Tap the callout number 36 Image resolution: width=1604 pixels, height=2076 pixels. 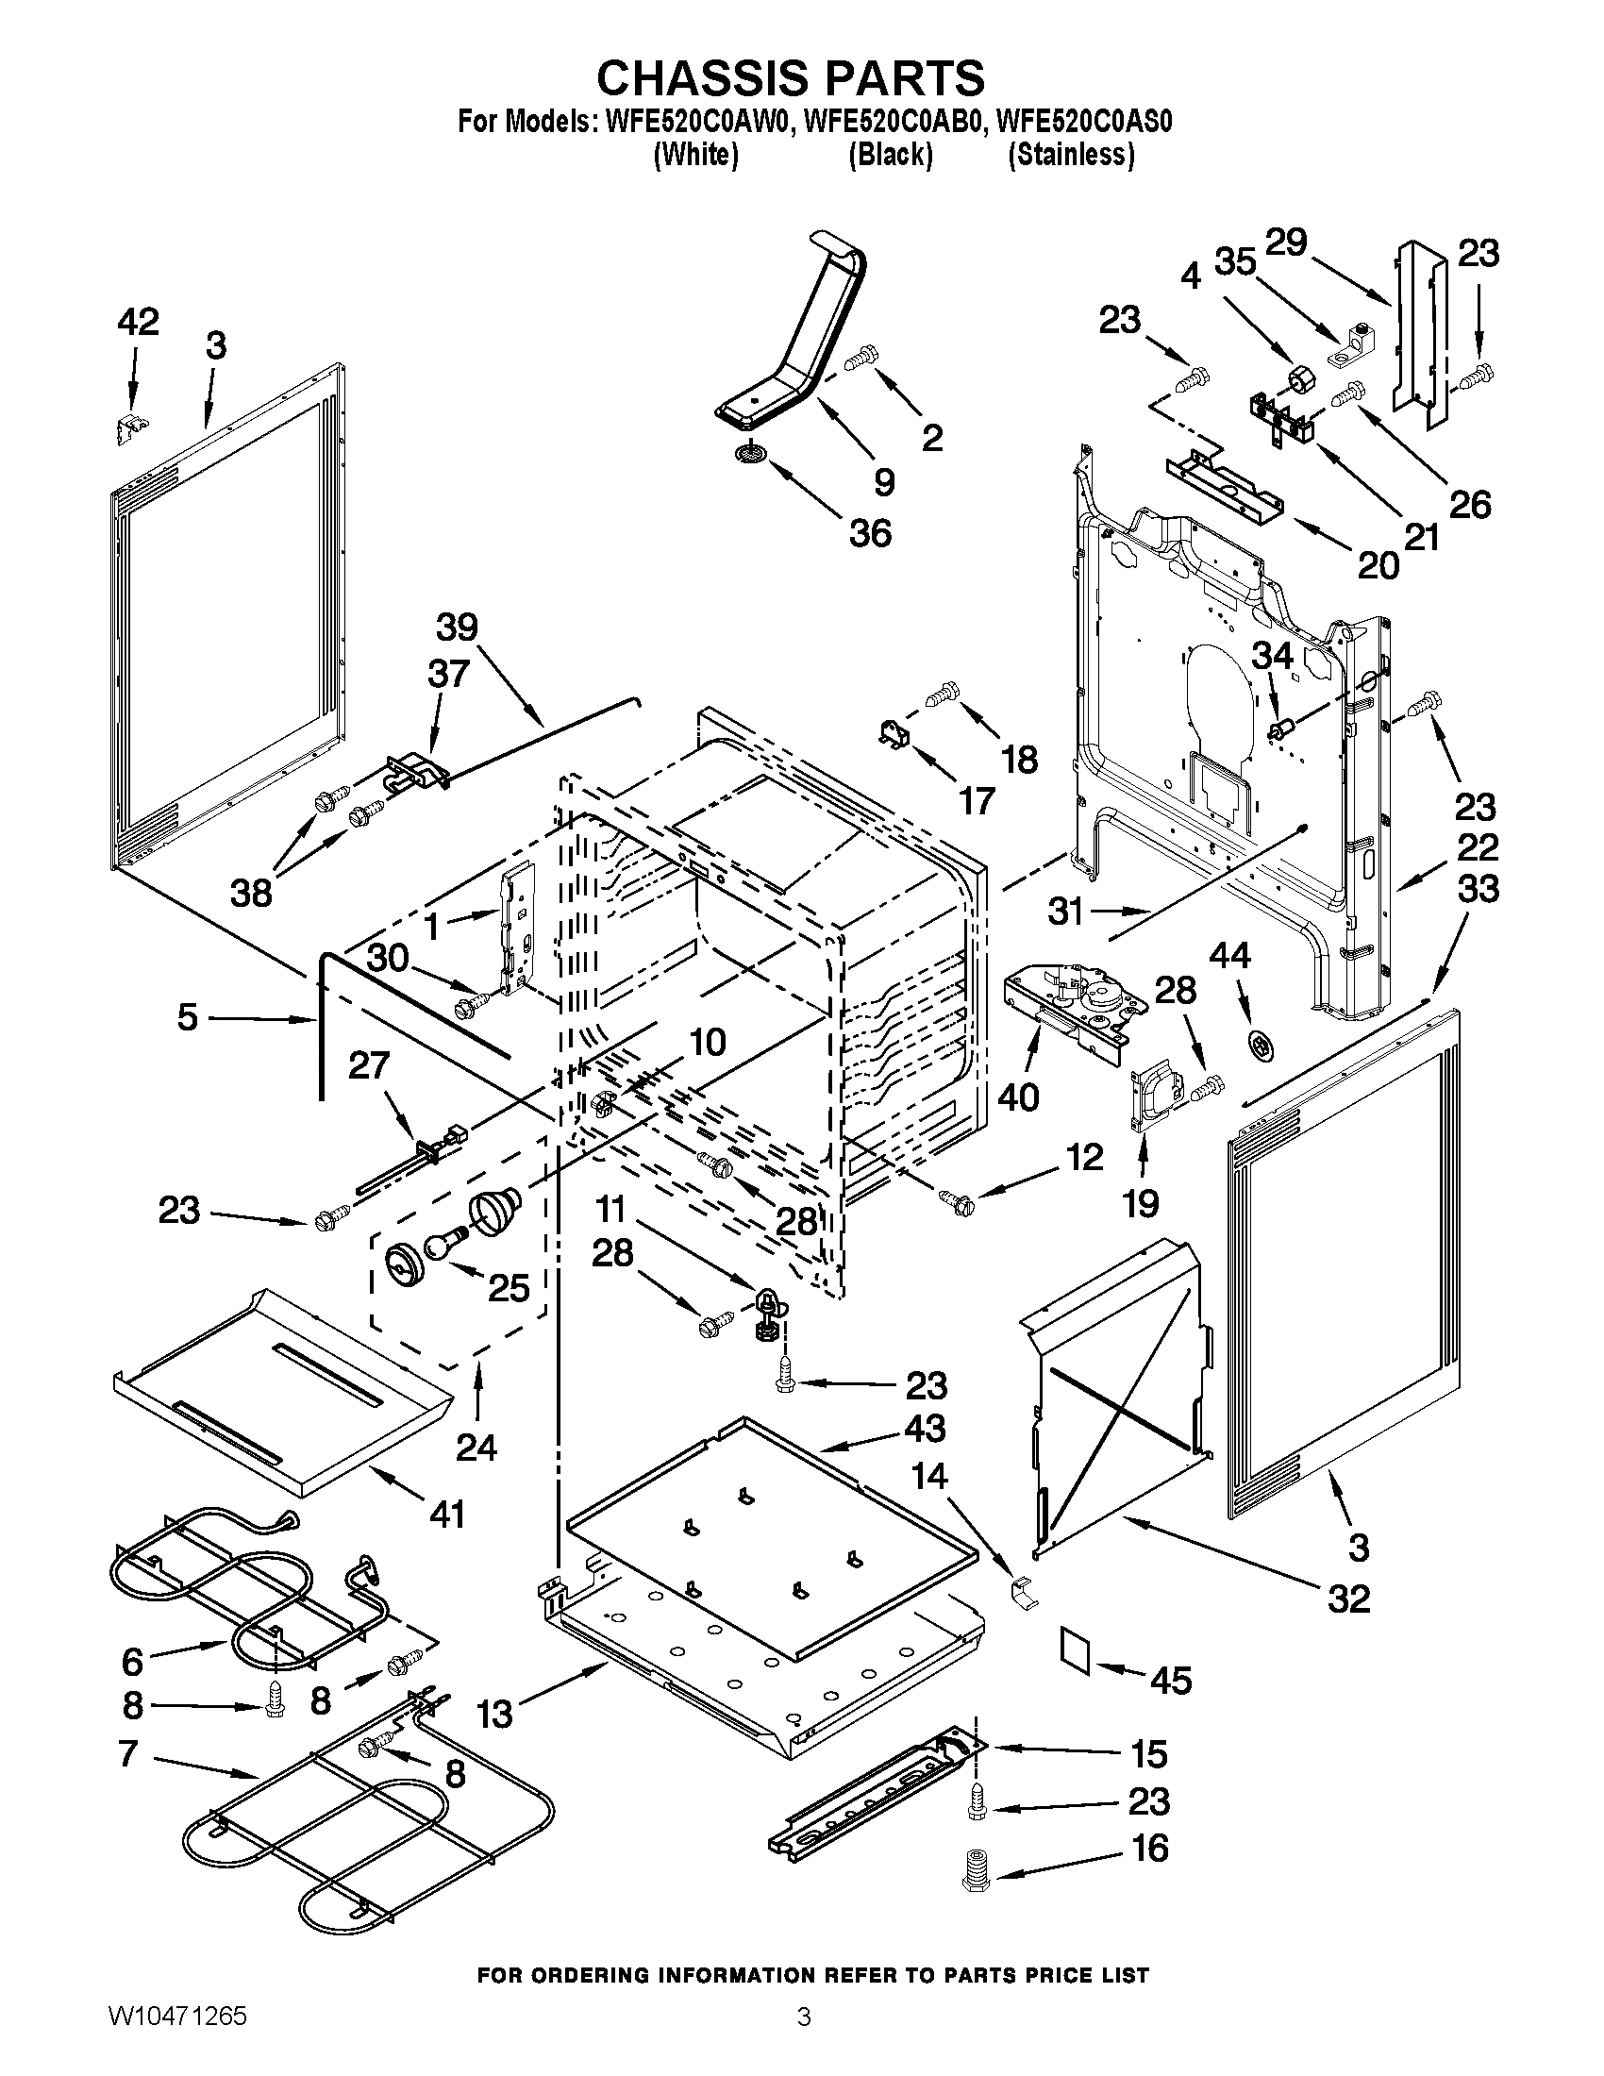(x=871, y=533)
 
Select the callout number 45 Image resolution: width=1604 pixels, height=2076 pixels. (x=1171, y=1681)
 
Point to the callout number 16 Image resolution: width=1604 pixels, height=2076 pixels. (x=1148, y=1849)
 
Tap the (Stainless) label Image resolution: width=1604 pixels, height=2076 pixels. (x=1071, y=154)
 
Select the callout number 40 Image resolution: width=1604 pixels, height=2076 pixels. (x=1018, y=1097)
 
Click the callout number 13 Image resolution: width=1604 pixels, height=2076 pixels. (x=495, y=1714)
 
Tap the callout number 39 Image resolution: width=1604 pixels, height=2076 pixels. (x=457, y=628)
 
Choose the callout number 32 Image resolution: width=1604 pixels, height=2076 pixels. (x=1348, y=1599)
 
